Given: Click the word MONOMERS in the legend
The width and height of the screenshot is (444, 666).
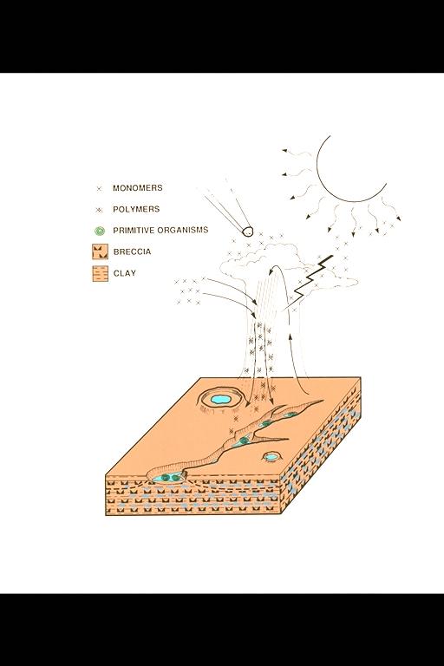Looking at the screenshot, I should (x=137, y=188).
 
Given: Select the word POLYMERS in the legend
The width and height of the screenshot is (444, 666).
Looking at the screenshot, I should (x=135, y=210).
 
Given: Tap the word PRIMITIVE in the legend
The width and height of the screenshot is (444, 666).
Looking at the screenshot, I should (x=134, y=231).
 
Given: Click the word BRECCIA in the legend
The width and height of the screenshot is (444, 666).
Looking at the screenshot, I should (x=132, y=251).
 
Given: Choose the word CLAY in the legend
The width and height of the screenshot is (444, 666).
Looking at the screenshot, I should (x=124, y=273).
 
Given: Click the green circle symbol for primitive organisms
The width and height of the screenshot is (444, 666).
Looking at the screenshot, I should (x=99, y=232).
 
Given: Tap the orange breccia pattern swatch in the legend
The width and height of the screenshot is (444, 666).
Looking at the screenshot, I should (x=99, y=252).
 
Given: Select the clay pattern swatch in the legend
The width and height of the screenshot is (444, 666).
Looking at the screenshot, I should (x=99, y=274).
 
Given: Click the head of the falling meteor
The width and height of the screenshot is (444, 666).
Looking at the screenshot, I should (x=247, y=232).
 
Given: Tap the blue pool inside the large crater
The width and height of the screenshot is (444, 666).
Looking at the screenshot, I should (x=221, y=400).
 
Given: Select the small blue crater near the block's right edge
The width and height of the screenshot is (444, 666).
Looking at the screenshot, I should (x=272, y=456).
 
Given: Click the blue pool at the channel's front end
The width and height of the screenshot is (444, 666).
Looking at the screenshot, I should (x=169, y=477).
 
